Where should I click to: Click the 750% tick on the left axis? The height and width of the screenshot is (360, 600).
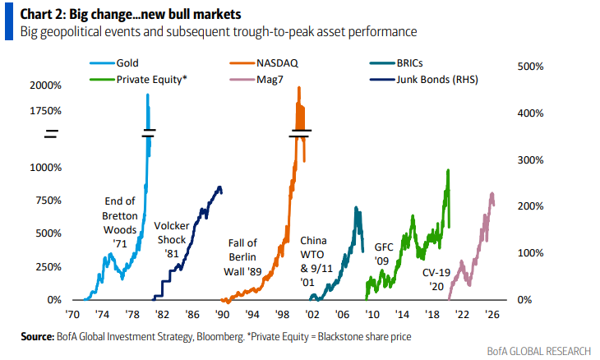pyautogui.click(x=47, y=201)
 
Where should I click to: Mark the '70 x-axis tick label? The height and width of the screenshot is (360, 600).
pyautogui.click(x=73, y=314)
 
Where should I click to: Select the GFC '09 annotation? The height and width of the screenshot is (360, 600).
pyautogui.click(x=384, y=254)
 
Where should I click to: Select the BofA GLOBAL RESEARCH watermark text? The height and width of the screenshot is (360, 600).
pyautogui.click(x=538, y=351)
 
